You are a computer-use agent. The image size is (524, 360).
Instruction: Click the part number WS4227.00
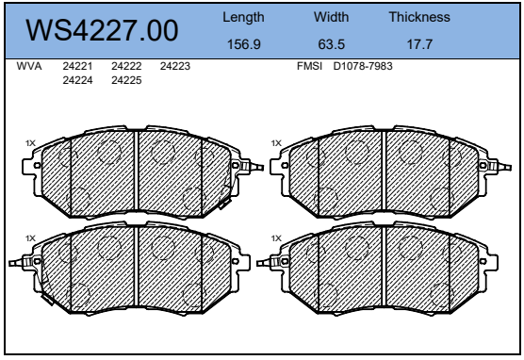[x=102, y=30]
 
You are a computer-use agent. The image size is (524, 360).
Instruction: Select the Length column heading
[x=243, y=17]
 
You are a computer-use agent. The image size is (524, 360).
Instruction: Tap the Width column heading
[x=331, y=17]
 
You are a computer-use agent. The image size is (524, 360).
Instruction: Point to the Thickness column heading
[x=419, y=17]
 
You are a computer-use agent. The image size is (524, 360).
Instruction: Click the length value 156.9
[x=243, y=44]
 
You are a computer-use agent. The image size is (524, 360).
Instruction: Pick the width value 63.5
[x=331, y=44]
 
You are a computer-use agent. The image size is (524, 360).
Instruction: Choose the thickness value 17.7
[x=419, y=44]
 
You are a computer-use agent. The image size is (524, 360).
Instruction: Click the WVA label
[x=29, y=66]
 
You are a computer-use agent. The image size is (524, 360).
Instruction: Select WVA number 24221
[x=77, y=66]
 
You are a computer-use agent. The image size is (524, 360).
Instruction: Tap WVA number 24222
[x=126, y=66]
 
